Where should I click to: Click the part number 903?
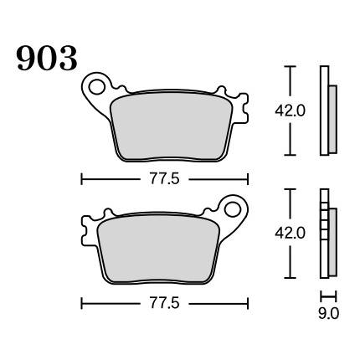click(x=47, y=59)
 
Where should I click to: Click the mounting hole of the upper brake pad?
click(x=97, y=86)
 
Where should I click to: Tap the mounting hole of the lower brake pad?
click(x=233, y=210)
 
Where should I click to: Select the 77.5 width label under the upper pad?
click(x=165, y=179)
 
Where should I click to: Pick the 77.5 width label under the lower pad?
click(x=165, y=303)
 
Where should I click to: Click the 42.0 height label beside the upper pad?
click(x=291, y=111)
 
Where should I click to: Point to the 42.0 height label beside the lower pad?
click(x=291, y=234)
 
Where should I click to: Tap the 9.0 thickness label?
click(x=328, y=313)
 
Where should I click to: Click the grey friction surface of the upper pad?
click(x=172, y=126)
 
